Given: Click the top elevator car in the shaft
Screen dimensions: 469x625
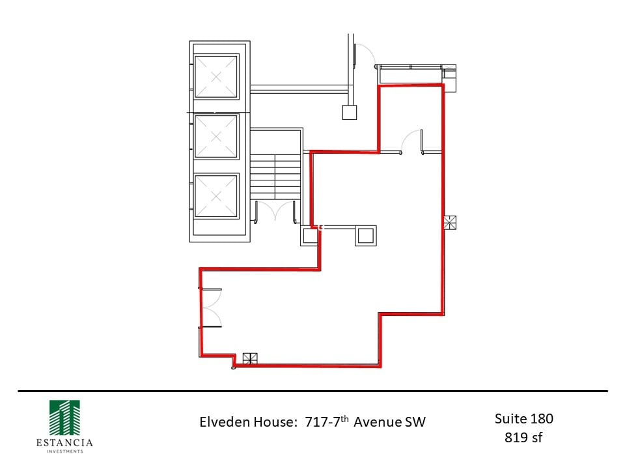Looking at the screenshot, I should pyautogui.click(x=217, y=76).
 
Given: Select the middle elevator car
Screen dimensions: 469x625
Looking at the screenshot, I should pyautogui.click(x=217, y=136).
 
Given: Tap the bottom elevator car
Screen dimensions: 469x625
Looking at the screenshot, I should pyautogui.click(x=217, y=195).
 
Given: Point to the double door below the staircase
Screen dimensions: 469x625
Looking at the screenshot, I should pyautogui.click(x=276, y=212).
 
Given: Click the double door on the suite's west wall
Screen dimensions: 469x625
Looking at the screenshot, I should pyautogui.click(x=211, y=307).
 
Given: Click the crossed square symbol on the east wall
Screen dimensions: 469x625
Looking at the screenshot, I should pyautogui.click(x=450, y=223).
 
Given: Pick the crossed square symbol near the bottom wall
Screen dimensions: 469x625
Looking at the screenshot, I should pyautogui.click(x=250, y=358).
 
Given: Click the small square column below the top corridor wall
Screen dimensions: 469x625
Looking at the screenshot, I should pyautogui.click(x=350, y=112).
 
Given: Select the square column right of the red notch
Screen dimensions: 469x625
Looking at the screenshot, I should pyautogui.click(x=365, y=235).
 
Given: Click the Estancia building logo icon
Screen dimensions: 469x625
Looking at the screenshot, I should pyautogui.click(x=64, y=416).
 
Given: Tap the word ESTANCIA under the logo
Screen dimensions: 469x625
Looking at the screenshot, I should pyautogui.click(x=64, y=443).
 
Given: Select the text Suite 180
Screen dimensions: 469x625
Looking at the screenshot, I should pyautogui.click(x=523, y=418).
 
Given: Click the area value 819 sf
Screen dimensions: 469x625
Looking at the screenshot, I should pyautogui.click(x=523, y=437).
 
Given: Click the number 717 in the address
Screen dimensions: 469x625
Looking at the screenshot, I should pyautogui.click(x=316, y=422).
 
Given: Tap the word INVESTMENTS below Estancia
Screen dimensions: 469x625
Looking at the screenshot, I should pyautogui.click(x=64, y=451).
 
